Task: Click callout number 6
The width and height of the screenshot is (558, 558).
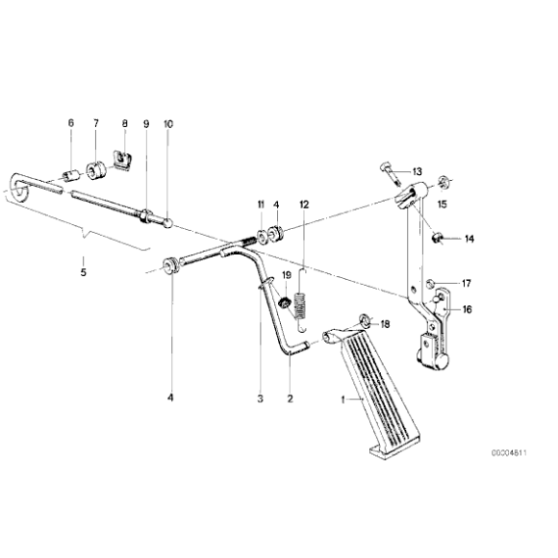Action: tap(70, 124)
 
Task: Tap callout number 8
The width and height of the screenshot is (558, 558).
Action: tap(123, 124)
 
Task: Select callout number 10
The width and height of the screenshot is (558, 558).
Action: tap(169, 124)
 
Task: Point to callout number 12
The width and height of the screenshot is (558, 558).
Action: tap(304, 205)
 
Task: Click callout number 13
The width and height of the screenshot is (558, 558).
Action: tap(418, 171)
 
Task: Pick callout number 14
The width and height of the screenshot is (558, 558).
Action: tap(443, 239)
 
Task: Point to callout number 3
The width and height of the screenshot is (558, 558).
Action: tap(259, 397)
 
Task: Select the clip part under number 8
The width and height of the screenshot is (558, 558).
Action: tap(122, 156)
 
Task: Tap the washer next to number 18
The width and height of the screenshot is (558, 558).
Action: tap(364, 319)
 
